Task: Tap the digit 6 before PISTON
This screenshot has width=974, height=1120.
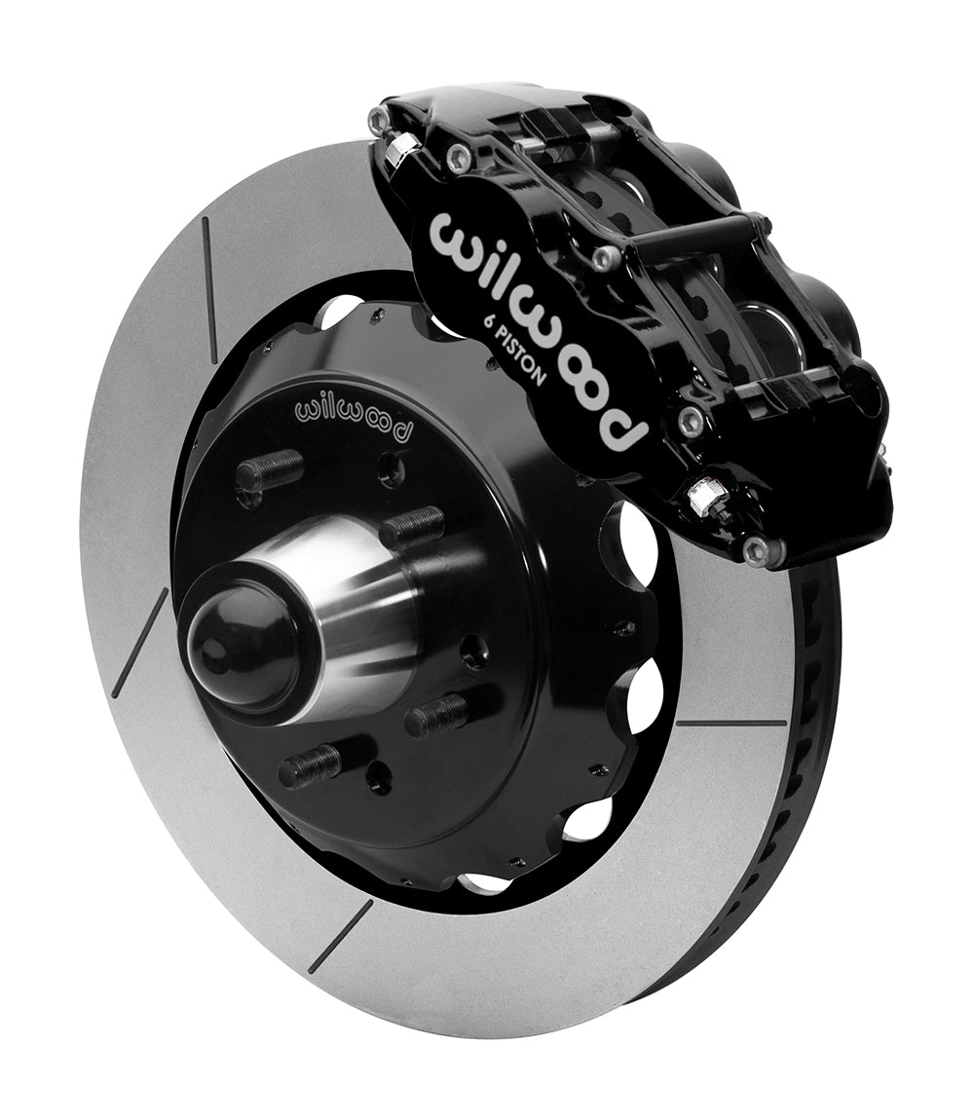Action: tap(482, 324)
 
